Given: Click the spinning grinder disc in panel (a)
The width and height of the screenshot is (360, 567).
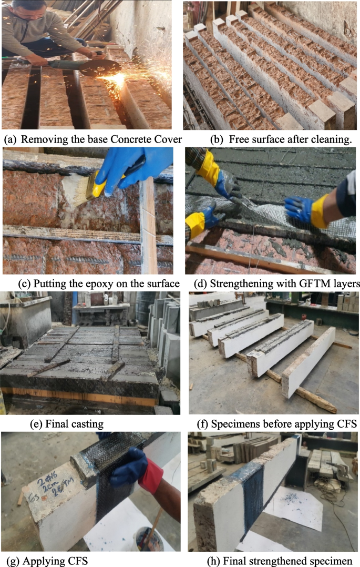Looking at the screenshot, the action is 100,68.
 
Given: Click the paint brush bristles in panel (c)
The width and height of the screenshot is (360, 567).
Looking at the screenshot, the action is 76,188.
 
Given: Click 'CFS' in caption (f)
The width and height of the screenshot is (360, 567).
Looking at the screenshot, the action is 346,424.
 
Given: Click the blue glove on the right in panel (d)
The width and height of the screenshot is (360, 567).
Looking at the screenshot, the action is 300,209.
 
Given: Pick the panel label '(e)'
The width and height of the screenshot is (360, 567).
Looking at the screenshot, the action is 36,424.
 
